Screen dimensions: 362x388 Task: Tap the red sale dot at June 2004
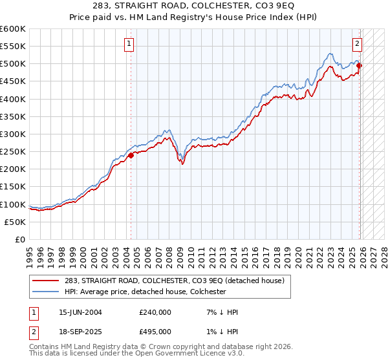tap(131, 155)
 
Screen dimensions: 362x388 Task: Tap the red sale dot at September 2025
tap(360, 65)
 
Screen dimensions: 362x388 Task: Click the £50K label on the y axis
tap(16, 222)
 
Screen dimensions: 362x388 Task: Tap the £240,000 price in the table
tap(156, 312)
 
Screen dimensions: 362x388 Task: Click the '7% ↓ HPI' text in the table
tap(219, 312)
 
